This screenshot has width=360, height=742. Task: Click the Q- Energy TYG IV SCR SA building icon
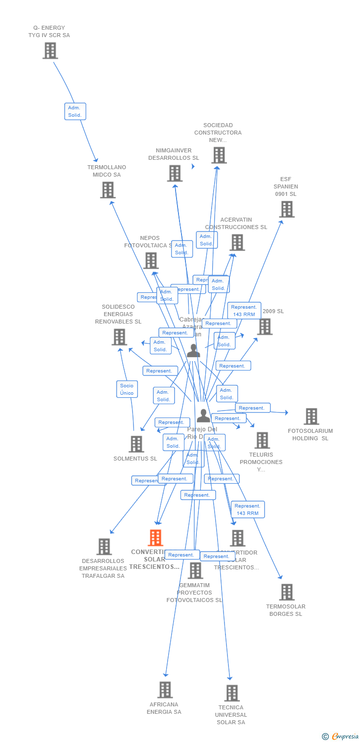(x=50, y=51)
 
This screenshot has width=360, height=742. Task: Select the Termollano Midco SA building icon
(x=107, y=190)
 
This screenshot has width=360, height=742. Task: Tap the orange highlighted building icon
(x=155, y=538)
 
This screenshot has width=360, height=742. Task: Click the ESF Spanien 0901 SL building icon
(x=286, y=209)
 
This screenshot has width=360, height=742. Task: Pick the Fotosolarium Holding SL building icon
(x=311, y=417)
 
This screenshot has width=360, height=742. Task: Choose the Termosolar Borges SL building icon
(x=287, y=592)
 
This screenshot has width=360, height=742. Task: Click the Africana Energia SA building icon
(x=165, y=690)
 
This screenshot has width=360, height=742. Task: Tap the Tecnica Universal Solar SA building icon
(x=232, y=693)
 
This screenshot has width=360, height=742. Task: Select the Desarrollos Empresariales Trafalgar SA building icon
(x=104, y=547)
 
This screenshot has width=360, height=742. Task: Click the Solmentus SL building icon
(x=136, y=444)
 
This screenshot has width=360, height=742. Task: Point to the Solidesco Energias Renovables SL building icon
(x=119, y=337)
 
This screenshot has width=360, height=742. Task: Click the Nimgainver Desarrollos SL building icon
(x=175, y=174)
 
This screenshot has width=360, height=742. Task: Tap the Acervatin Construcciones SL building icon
(x=237, y=242)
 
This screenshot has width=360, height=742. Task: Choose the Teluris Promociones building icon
(x=262, y=440)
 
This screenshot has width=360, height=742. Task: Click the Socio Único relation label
(x=127, y=389)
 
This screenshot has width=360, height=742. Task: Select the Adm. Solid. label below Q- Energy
(x=75, y=111)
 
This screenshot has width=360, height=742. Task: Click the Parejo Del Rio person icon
(x=203, y=416)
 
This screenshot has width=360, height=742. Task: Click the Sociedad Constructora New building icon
(x=219, y=155)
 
